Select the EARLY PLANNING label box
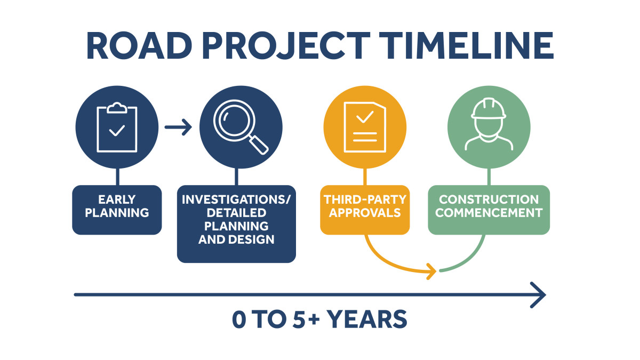[117, 210]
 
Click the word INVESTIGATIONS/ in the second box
[236, 199]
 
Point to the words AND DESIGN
[236, 239]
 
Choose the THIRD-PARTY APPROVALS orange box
[365, 210]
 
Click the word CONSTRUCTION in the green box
[489, 199]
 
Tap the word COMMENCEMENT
[489, 213]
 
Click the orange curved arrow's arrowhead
[432, 271]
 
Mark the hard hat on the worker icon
[488, 109]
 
